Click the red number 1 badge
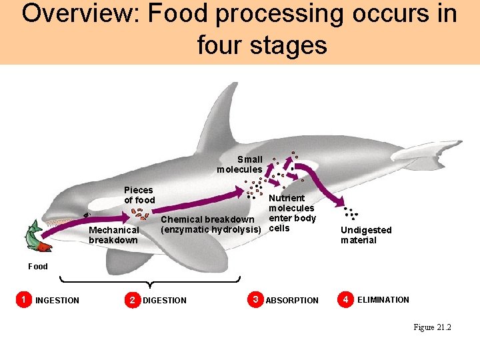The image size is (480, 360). pos(24,299)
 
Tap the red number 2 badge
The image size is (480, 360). pos(133,299)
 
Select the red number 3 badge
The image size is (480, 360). pos(255,299)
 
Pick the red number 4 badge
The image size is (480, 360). pos(345,299)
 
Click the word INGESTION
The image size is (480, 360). pos(57,301)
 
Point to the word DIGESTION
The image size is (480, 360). pos(165,301)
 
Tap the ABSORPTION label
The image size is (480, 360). pos(292,301)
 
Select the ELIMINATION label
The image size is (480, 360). pos(383,300)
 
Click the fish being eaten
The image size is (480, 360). pos(36,237)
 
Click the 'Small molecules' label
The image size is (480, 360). pos(240,164)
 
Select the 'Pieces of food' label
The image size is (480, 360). pos(139,195)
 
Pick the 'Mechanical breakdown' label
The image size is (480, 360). pos(113,235)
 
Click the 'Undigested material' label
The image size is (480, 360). pos(366,235)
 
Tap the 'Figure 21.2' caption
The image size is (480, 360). pos(432,327)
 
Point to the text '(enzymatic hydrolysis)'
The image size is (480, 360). pos(210,230)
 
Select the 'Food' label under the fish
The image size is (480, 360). pos(38,266)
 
